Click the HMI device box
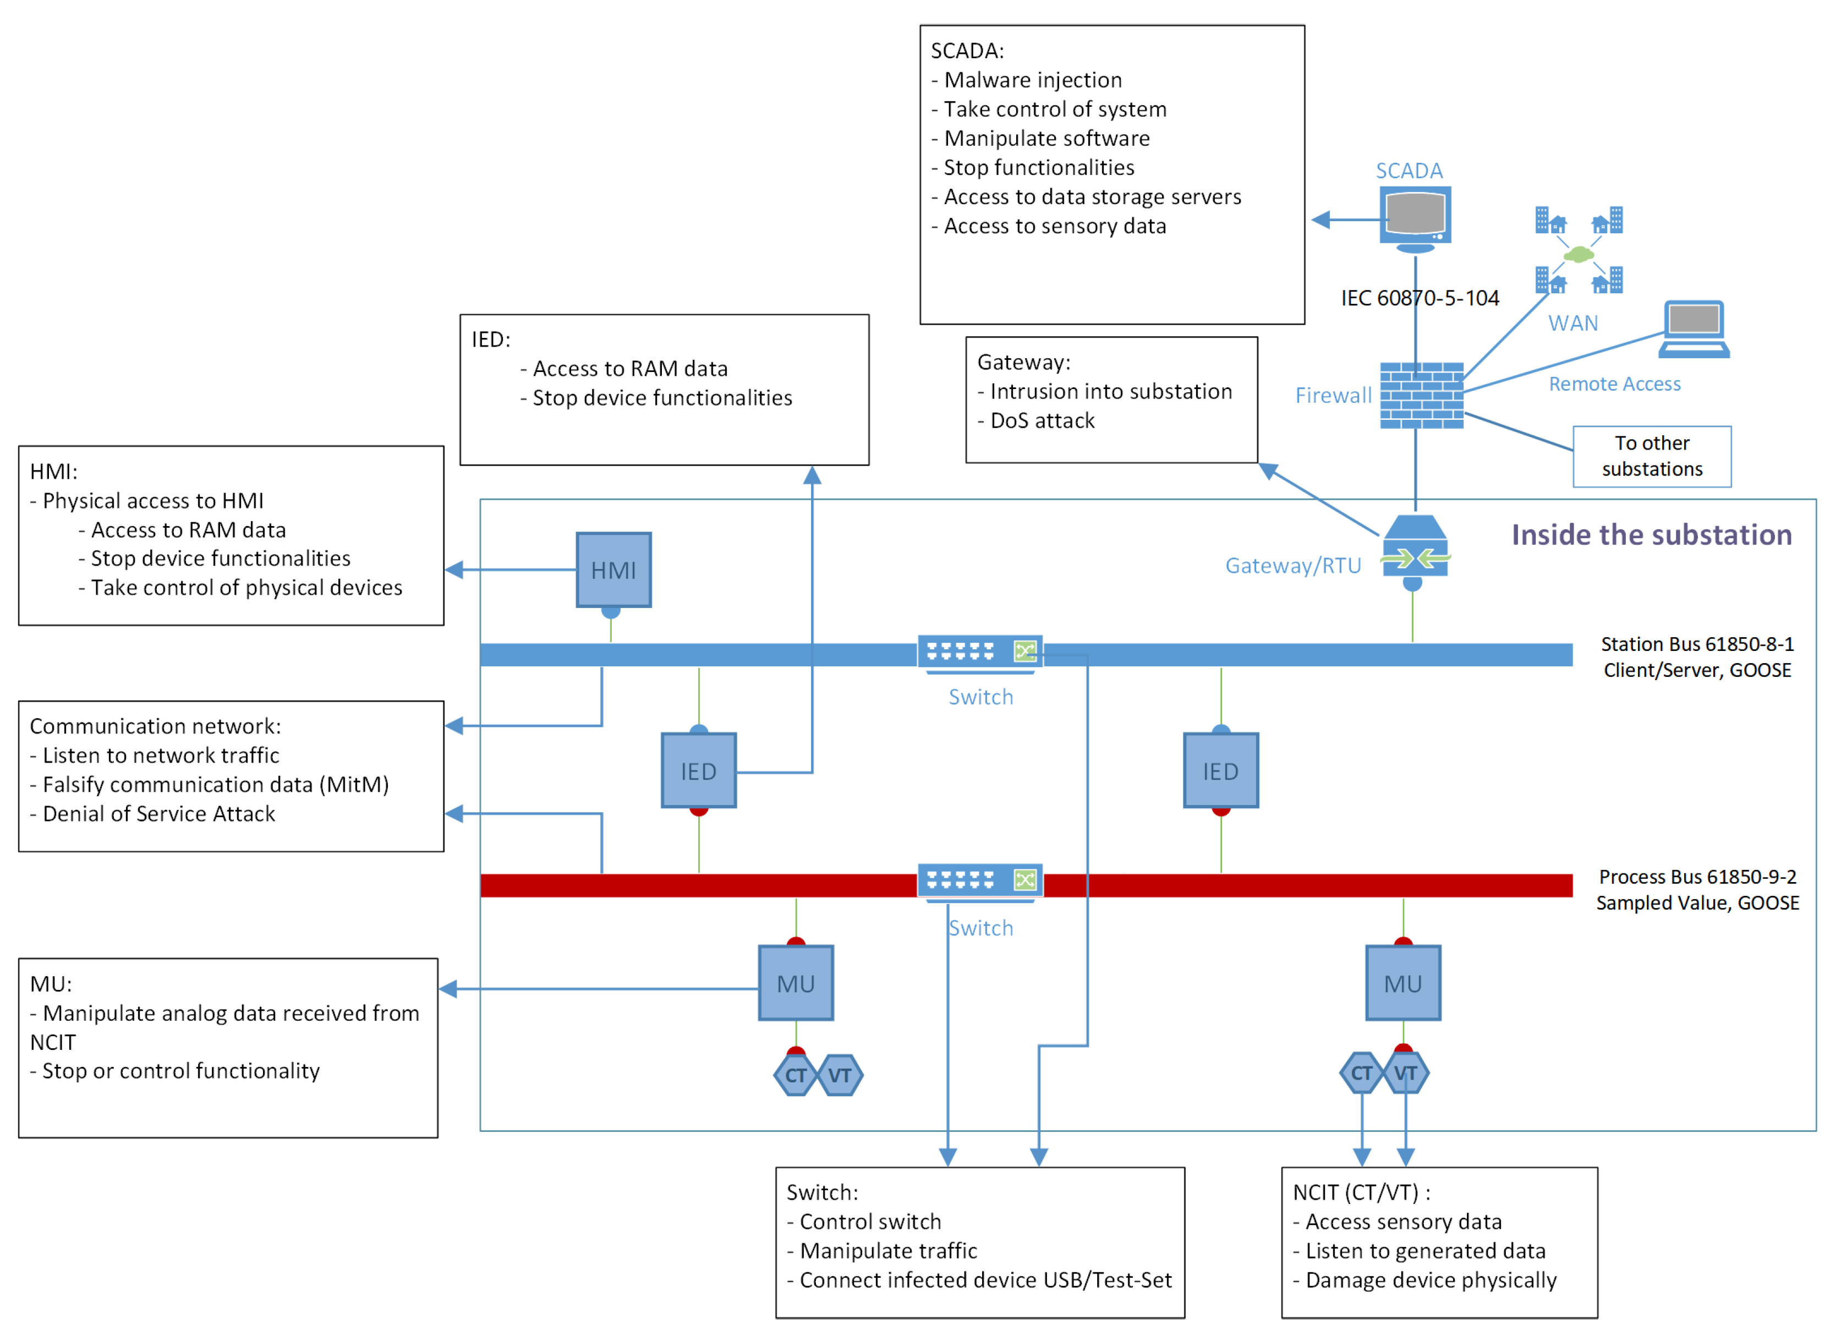pyautogui.click(x=613, y=570)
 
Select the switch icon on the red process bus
pyautogui.click(x=980, y=882)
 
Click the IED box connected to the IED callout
pyautogui.click(x=698, y=770)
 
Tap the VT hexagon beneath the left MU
pyautogui.click(x=839, y=1076)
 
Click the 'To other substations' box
pyautogui.click(x=1651, y=456)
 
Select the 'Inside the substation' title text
pyautogui.click(x=1651, y=535)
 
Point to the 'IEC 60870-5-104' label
pyautogui.click(x=1420, y=298)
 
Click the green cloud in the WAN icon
pyautogui.click(x=1578, y=255)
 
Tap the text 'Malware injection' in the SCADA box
pyautogui.click(x=1033, y=80)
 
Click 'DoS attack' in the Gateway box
pyautogui.click(x=1042, y=420)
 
